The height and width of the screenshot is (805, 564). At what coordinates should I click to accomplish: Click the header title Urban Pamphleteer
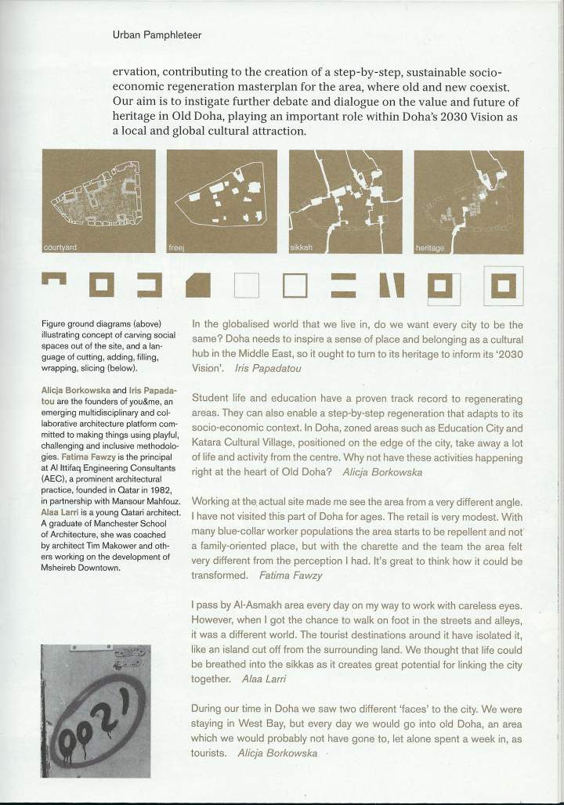pos(157,35)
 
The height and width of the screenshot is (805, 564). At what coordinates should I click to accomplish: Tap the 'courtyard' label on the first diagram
pos(60,247)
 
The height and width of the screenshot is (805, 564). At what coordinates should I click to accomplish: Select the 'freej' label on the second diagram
pos(176,248)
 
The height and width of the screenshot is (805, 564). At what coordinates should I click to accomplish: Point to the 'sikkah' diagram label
pos(302,247)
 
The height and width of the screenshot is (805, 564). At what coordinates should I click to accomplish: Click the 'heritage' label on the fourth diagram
pos(430,248)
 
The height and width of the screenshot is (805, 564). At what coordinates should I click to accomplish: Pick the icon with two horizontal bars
pos(343,286)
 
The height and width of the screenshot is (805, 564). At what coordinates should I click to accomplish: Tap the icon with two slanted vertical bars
pos(392,286)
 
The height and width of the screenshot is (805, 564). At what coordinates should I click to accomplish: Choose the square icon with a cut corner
pos(197,285)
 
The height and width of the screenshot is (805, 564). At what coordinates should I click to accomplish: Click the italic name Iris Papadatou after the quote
pos(268,368)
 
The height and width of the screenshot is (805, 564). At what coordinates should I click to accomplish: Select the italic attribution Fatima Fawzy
pos(291,576)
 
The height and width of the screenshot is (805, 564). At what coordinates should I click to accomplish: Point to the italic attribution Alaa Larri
pos(264,679)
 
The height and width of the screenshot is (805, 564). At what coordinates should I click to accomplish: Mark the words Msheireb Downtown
pos(81,568)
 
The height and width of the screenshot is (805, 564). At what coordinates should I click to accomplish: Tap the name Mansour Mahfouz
pos(150,501)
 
